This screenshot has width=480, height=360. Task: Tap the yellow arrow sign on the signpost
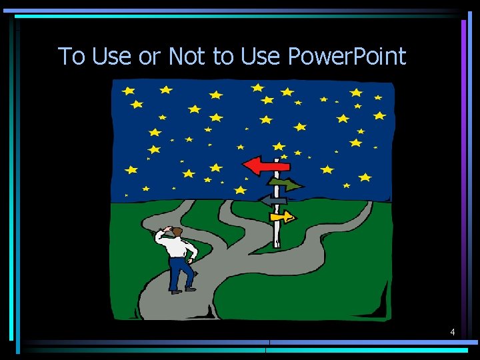point(282,216)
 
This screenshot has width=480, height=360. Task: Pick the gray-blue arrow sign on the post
point(273,199)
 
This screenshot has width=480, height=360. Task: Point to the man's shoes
point(183,290)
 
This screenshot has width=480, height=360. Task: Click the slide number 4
point(453,331)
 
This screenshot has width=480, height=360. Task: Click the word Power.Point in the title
point(347,57)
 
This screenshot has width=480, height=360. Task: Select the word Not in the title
point(187,57)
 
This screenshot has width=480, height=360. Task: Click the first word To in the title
point(72,57)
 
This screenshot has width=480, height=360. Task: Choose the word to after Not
point(223,57)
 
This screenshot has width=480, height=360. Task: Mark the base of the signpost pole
point(277,244)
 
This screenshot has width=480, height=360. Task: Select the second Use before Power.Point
point(261,57)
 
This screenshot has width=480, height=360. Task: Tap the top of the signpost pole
point(277,160)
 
